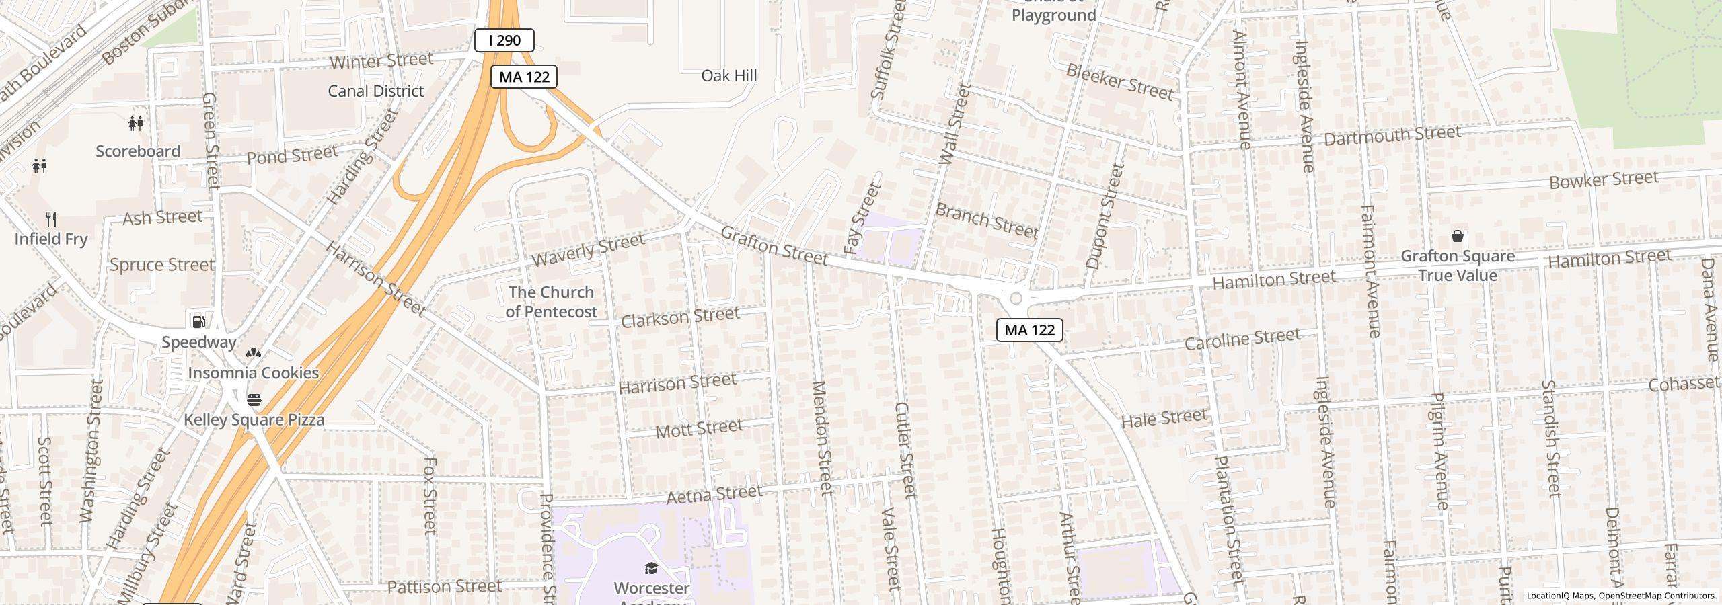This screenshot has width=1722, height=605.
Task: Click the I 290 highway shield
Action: click(x=504, y=40)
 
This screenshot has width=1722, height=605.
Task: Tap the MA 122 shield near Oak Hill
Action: click(x=523, y=77)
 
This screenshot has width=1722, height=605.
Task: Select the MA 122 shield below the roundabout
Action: click(x=1029, y=330)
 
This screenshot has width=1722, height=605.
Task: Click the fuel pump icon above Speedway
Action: click(x=199, y=321)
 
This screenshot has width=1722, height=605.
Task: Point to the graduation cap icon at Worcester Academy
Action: click(x=650, y=569)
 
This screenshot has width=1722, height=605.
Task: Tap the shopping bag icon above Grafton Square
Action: click(x=1457, y=236)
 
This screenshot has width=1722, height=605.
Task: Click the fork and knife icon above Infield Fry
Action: click(x=51, y=218)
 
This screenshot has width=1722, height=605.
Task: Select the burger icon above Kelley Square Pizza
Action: click(x=254, y=400)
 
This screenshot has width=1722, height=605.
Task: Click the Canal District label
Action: click(x=375, y=91)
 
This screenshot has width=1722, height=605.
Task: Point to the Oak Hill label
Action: click(x=728, y=75)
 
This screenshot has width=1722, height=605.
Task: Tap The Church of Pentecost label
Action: click(x=551, y=302)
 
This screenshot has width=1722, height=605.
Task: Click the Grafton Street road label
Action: click(x=774, y=245)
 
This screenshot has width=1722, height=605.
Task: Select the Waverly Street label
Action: click(x=587, y=250)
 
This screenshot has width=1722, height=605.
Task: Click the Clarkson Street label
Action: click(x=679, y=317)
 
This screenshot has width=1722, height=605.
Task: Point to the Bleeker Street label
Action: click(x=1119, y=82)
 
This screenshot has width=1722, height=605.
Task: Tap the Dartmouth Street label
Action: click(x=1392, y=135)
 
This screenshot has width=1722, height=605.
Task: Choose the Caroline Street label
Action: click(x=1242, y=339)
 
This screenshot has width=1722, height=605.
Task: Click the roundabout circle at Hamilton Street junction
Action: click(x=1016, y=298)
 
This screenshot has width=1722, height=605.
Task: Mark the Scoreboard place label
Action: click(x=138, y=151)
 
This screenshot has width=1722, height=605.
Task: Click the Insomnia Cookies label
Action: click(x=253, y=373)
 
